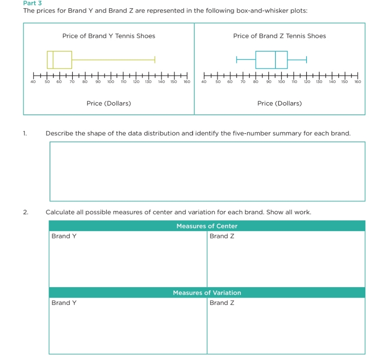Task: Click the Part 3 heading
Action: (x=33, y=3)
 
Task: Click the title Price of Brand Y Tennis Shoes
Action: (x=109, y=36)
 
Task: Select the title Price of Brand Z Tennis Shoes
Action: (x=280, y=36)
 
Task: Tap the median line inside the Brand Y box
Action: (x=53, y=60)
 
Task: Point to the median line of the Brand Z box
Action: (x=275, y=60)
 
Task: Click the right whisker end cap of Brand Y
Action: (x=155, y=60)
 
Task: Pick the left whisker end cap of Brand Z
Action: (x=237, y=60)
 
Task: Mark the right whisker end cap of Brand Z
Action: (x=307, y=60)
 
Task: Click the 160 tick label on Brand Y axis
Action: (x=187, y=82)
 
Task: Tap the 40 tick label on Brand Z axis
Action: (x=204, y=82)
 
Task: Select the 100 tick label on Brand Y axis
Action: (x=110, y=82)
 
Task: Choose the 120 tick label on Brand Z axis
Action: (x=307, y=82)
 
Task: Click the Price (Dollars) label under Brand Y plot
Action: (x=109, y=103)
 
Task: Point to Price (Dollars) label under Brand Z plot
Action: (x=280, y=103)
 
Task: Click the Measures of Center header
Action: (x=207, y=226)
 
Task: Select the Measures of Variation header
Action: (x=207, y=293)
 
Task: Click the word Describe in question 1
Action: (x=59, y=133)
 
